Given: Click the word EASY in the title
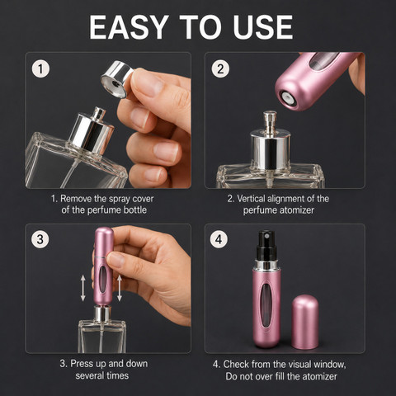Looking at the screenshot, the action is pyautogui.click(x=129, y=27).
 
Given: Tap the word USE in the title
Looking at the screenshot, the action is pyautogui.click(x=262, y=27).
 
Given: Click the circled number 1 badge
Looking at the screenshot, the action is pyautogui.click(x=40, y=68).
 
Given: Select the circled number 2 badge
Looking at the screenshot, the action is pyautogui.click(x=220, y=68).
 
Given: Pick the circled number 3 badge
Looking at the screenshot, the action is pyautogui.click(x=40, y=239).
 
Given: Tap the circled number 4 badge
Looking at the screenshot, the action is pyautogui.click(x=219, y=239).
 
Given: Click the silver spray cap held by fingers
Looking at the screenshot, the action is pyautogui.click(x=117, y=79).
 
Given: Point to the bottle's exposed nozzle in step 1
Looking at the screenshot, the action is pyautogui.click(x=98, y=114).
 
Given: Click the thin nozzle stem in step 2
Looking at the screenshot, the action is pyautogui.click(x=270, y=123).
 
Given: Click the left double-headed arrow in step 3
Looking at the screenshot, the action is pyautogui.click(x=82, y=289).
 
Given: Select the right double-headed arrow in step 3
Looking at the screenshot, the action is pyautogui.click(x=120, y=288).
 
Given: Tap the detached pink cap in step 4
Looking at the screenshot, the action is pyautogui.click(x=305, y=322).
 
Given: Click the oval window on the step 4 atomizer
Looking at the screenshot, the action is pyautogui.click(x=266, y=305).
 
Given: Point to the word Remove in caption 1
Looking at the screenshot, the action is pyautogui.click(x=76, y=199).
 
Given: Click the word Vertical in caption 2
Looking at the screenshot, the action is pyautogui.click(x=251, y=199).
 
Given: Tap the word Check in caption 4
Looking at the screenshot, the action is pyautogui.click(x=236, y=364).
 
